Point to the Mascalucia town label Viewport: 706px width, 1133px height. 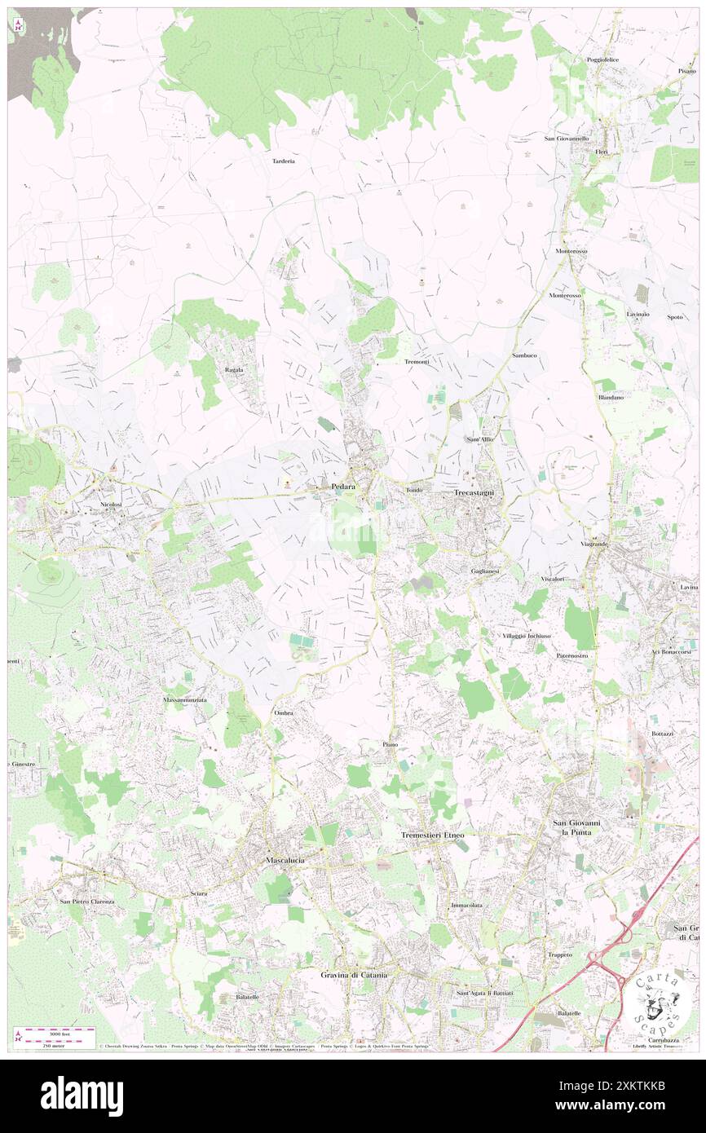285,860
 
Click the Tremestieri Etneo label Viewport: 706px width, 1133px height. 433,835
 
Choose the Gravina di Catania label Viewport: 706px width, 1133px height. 353,975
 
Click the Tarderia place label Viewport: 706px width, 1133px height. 283,161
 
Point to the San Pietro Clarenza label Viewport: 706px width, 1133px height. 87,902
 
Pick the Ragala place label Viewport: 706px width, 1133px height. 234,370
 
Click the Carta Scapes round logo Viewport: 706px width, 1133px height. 656,1000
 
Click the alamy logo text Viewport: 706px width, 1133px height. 82,1096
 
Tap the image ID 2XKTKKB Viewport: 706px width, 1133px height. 623,1105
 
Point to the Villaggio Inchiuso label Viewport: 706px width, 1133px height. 527,635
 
